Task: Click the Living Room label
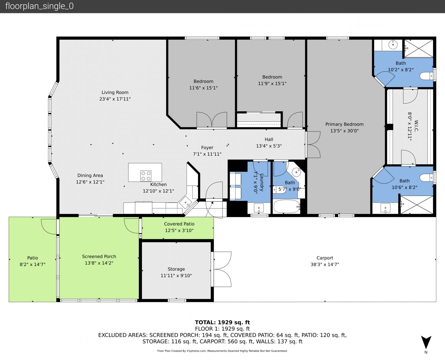click(115, 92)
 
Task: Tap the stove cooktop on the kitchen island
click(146, 176)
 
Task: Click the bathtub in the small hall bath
click(287, 206)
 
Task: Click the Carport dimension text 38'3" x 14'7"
click(325, 264)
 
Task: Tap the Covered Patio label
click(179, 224)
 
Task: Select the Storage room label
click(176, 269)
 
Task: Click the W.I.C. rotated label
click(416, 126)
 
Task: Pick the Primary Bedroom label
click(344, 124)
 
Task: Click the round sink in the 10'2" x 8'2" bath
click(393, 45)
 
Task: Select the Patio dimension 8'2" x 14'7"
click(32, 264)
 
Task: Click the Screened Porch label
click(99, 256)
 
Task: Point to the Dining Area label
click(90, 175)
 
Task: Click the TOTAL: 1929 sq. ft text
click(222, 322)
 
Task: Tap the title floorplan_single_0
click(39, 6)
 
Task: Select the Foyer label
click(207, 148)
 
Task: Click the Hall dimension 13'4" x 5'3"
click(269, 146)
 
